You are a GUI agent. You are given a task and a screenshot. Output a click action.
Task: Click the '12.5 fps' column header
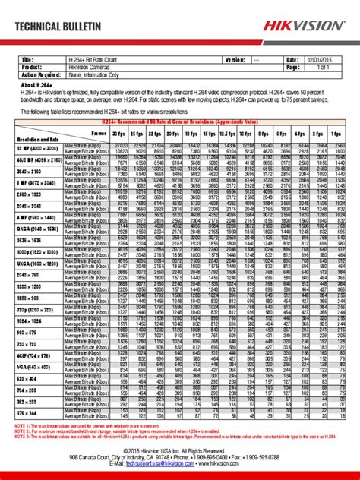coord(234,131)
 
